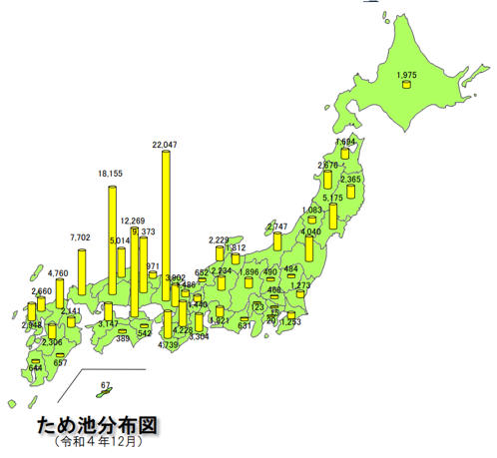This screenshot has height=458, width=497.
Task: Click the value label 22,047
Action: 164,145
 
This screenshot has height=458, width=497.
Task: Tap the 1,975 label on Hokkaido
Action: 406,75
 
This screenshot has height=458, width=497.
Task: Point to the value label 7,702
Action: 81,237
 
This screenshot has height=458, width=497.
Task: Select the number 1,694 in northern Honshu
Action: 344,142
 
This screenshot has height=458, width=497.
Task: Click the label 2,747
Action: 277,227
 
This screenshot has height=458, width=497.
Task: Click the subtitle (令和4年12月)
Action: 96,441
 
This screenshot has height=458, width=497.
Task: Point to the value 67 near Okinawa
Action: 106,384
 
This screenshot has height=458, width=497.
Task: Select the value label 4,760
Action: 57,272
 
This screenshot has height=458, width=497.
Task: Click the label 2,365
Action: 351,180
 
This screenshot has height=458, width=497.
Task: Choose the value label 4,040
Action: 312,232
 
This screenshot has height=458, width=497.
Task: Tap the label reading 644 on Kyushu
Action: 36,367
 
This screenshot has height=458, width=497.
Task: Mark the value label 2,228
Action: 220,239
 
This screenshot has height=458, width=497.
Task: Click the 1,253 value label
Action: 290,321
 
